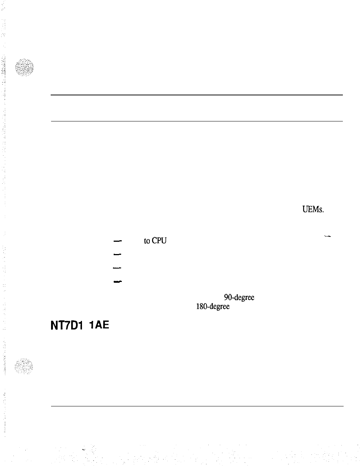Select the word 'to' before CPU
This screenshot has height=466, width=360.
[x=146, y=241]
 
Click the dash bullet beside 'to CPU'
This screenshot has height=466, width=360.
[x=117, y=241]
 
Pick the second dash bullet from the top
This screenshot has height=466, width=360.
[x=117, y=254]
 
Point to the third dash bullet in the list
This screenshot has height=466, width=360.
[x=117, y=267]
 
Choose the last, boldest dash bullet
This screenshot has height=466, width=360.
[x=118, y=281]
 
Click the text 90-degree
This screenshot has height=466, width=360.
[x=239, y=297]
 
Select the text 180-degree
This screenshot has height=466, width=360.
[x=213, y=307]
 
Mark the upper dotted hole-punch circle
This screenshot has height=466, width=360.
[x=24, y=67]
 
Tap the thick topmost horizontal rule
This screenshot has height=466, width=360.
[x=196, y=95]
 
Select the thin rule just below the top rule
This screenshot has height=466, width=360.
[x=196, y=121]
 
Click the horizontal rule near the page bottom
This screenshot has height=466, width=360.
[x=196, y=406]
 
